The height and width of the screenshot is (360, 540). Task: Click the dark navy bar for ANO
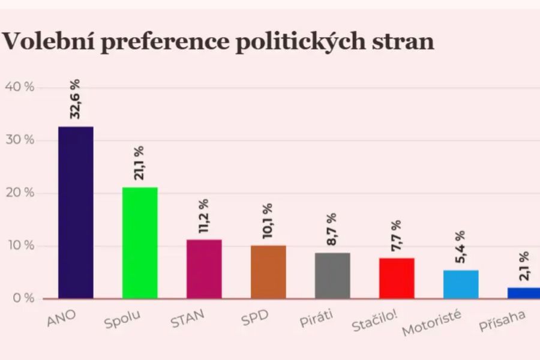coord(76,212)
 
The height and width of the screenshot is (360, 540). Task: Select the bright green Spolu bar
coord(140,243)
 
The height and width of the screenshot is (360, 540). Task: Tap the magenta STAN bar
coord(204,269)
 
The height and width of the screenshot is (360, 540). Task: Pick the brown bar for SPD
coord(268,272)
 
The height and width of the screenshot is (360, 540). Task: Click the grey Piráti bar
coord(332,275)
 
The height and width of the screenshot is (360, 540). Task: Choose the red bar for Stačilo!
coord(397,278)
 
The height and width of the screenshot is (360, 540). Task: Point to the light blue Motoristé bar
coord(461,284)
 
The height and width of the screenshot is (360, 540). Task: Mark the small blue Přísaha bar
coord(524,293)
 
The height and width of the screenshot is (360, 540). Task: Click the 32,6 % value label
coord(75,99)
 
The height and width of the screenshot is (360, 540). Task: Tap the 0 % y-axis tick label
coord(23,299)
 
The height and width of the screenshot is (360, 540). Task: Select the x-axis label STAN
coord(188,320)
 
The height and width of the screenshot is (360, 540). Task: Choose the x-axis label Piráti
coord(316,319)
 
